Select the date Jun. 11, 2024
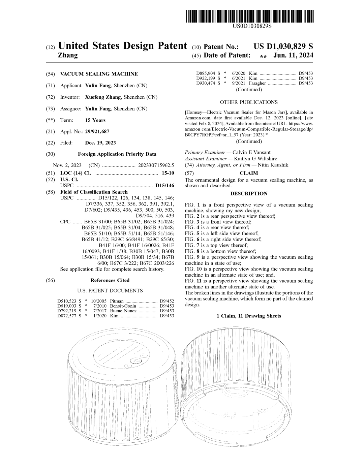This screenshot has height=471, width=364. (293, 55)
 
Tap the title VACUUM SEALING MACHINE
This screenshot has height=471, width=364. (99, 74)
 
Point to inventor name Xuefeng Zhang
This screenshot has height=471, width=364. (103, 97)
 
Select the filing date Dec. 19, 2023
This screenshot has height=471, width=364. (100, 143)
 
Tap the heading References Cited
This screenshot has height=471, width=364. (110, 280)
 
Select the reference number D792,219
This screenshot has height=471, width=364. (67, 311)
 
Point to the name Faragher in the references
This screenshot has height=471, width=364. (257, 83)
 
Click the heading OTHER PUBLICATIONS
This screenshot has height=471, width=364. (249, 102)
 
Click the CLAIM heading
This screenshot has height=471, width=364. (249, 173)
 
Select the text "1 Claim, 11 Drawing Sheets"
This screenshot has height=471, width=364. (249, 316)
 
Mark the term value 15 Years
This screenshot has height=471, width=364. (95, 120)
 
